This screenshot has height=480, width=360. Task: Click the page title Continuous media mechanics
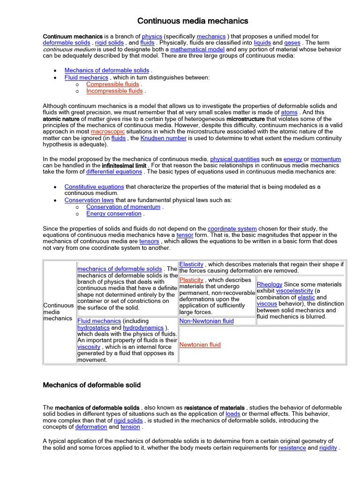pyautogui.click(x=193, y=21)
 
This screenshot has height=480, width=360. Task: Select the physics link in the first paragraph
pyautogui.click(x=152, y=36)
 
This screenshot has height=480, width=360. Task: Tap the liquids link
pyautogui.click(x=262, y=43)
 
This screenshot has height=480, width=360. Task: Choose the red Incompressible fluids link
pyautogui.click(x=114, y=91)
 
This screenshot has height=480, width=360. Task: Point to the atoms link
pyautogui.click(x=289, y=112)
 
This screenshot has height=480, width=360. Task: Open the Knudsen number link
pyautogui.click(x=163, y=138)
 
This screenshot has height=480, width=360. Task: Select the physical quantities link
pyautogui.click(x=234, y=159)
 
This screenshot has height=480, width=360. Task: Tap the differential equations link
pyautogui.click(x=114, y=172)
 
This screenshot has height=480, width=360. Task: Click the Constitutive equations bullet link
pyautogui.click(x=94, y=187)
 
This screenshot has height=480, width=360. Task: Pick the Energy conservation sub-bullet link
pyautogui.click(x=114, y=213)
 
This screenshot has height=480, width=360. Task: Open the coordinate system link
pyautogui.click(x=232, y=228)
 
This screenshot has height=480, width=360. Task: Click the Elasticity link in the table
pyautogui.click(x=191, y=264)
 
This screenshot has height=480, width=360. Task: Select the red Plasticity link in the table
pyautogui.click(x=191, y=280)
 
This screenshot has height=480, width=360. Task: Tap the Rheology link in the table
pyautogui.click(x=270, y=284)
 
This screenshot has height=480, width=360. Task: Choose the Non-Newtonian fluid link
pyautogui.click(x=207, y=321)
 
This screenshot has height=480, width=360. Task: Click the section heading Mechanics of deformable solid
pyautogui.click(x=92, y=385)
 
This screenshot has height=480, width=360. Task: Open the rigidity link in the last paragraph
pyautogui.click(x=328, y=448)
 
